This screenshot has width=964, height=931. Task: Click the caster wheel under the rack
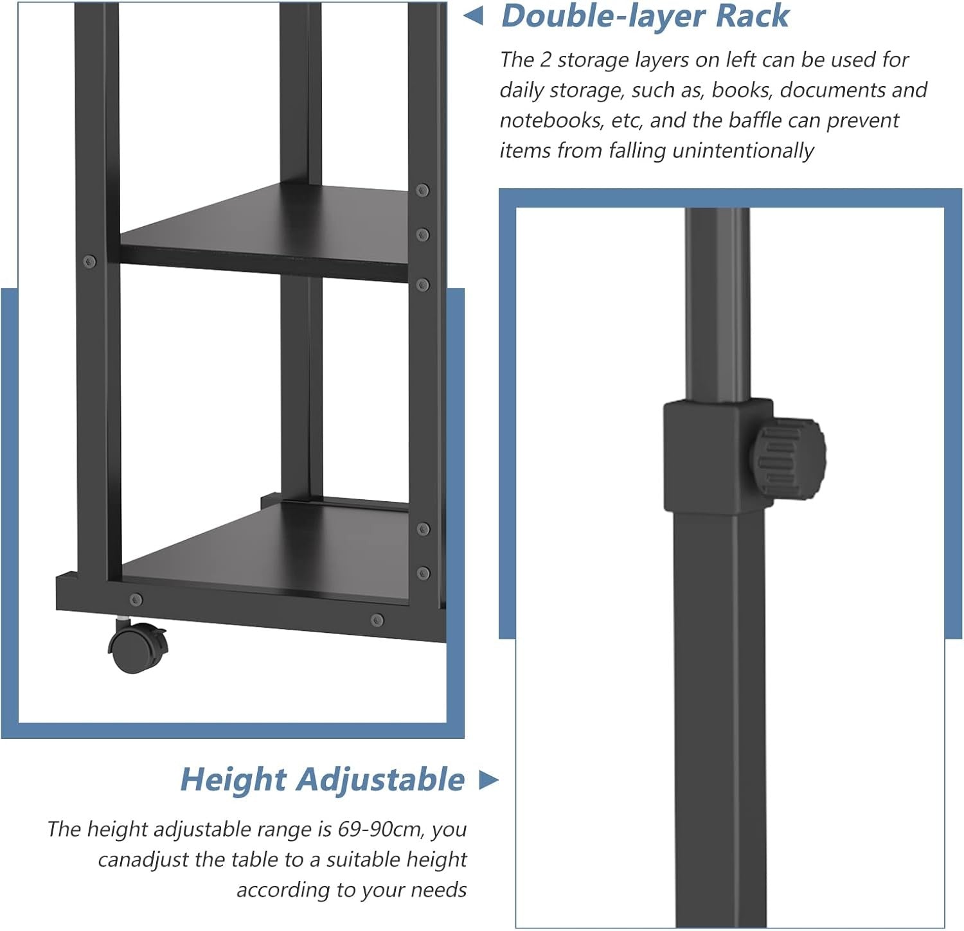tap(138, 646)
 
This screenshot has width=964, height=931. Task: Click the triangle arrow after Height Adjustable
tap(489, 780)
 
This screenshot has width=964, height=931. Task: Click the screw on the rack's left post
tap(90, 262)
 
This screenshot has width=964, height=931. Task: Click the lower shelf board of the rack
tap(265, 553)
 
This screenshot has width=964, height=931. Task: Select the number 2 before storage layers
tap(546, 60)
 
